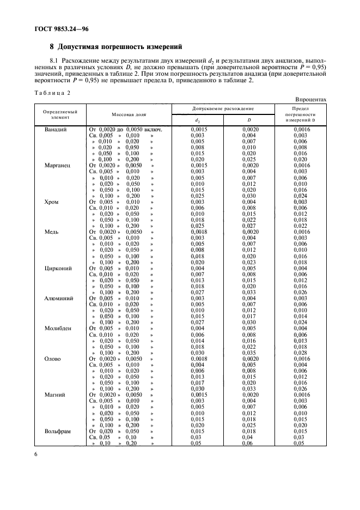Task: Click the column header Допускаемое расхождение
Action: tap(223, 109)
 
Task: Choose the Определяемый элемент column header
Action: tap(60, 115)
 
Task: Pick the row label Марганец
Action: tap(57, 165)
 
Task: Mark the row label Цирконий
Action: tap(58, 268)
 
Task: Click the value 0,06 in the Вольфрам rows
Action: tap(248, 444)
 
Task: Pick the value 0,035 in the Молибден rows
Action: tap(248, 353)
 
